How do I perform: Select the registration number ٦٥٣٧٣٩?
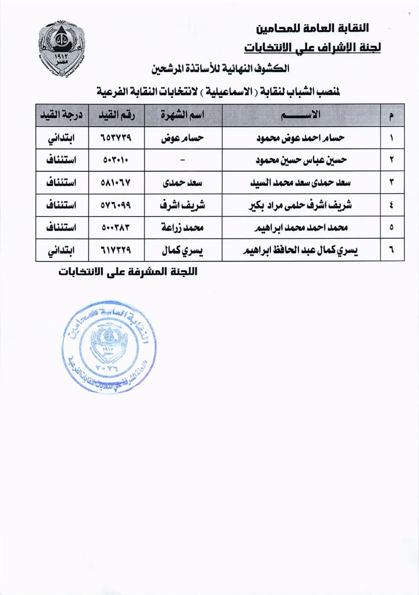(116, 138)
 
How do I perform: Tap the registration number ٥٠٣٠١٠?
(116, 160)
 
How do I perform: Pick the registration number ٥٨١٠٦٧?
(116, 183)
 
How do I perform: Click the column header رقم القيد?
(116, 115)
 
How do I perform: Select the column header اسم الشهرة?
(183, 115)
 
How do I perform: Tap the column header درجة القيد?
(62, 115)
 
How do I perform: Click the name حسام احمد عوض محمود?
(300, 138)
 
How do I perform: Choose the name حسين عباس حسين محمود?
(301, 160)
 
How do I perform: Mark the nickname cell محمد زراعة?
(183, 228)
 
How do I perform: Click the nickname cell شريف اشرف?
(183, 205)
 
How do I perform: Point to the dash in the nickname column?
(183, 160)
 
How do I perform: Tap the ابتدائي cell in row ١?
(62, 138)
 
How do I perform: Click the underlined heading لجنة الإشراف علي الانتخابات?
(312, 47)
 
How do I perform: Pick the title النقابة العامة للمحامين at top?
(313, 28)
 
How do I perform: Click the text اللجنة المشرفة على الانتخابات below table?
(128, 272)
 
